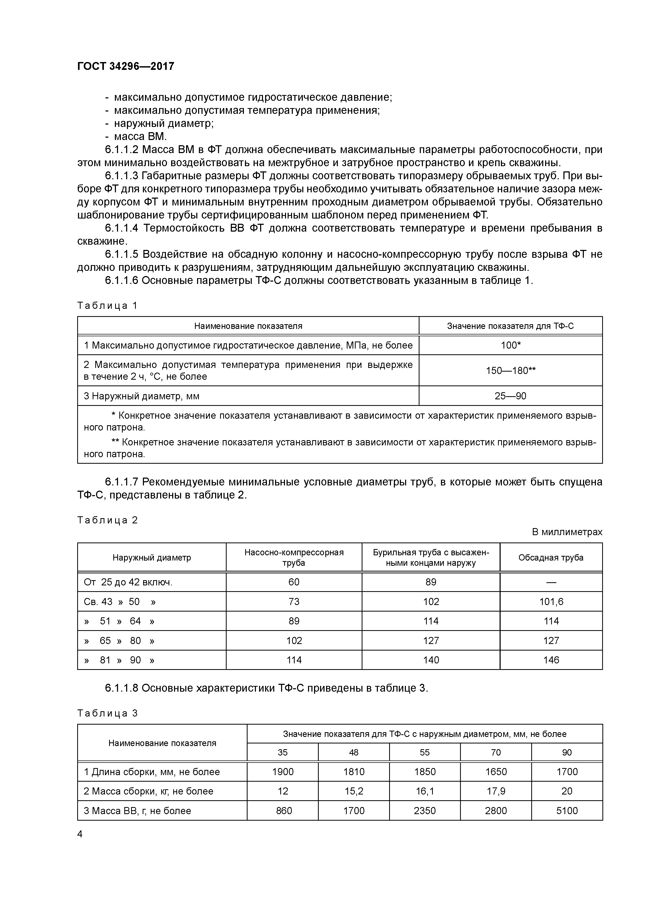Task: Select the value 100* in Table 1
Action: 511,345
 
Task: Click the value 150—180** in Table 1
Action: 511,371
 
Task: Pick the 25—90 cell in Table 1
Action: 511,396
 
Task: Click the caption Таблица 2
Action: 108,520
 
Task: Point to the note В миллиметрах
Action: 567,532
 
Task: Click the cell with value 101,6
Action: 551,602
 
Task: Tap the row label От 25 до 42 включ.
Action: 128,583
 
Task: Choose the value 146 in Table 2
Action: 551,660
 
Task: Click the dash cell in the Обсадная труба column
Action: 551,583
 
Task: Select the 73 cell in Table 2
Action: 294,602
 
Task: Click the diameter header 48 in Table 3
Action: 354,752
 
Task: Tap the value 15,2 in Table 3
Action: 354,791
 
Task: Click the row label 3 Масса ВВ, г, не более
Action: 138,810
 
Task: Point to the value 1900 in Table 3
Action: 283,772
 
